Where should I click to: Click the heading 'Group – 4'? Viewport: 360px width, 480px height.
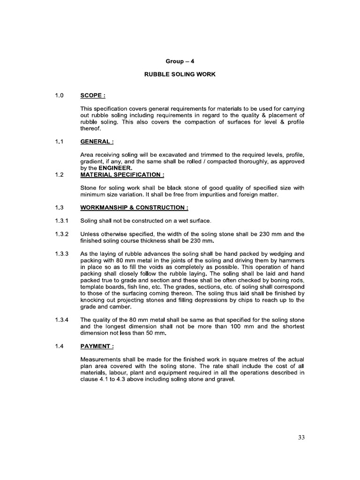pos(180,61)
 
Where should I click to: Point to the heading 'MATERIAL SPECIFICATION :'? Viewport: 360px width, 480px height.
pos(122,175)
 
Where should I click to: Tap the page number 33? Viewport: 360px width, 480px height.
pos(301,437)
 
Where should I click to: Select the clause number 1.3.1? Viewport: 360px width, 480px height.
pos(62,220)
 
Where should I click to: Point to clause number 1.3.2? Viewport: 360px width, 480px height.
pos(62,234)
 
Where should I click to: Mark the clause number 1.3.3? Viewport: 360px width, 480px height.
pos(62,254)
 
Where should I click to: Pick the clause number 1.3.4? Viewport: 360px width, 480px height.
pos(62,320)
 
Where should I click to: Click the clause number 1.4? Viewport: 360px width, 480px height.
pos(60,346)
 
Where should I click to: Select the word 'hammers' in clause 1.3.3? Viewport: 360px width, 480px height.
pos(292,261)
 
